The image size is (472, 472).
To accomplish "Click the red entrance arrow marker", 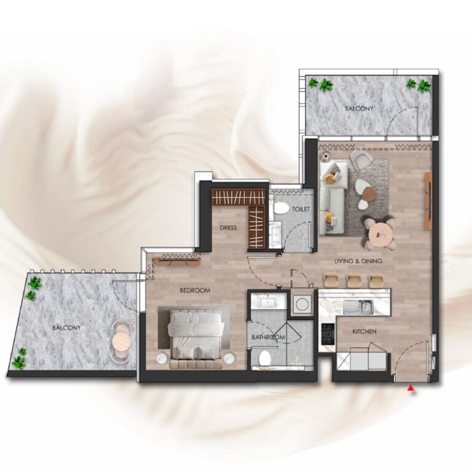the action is [411, 388].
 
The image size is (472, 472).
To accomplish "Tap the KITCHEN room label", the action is [364, 331].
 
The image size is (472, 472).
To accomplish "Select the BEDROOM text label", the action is [195, 291].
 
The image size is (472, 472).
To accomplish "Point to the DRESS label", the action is [228, 227].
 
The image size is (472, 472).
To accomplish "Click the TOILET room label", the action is [301, 209].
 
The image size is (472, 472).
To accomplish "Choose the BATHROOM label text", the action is [268, 337].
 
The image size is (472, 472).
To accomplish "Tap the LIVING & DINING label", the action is [358, 261].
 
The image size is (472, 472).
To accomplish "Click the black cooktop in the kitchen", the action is [328, 334].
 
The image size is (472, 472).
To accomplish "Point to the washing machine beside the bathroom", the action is [301, 304].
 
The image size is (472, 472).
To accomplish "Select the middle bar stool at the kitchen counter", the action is [353, 280].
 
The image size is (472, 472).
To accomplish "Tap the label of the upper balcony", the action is [359, 108].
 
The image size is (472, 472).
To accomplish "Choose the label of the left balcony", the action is [66, 328].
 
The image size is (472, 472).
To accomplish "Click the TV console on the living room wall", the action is [428, 201].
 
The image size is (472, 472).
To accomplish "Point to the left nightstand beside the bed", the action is [162, 358].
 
